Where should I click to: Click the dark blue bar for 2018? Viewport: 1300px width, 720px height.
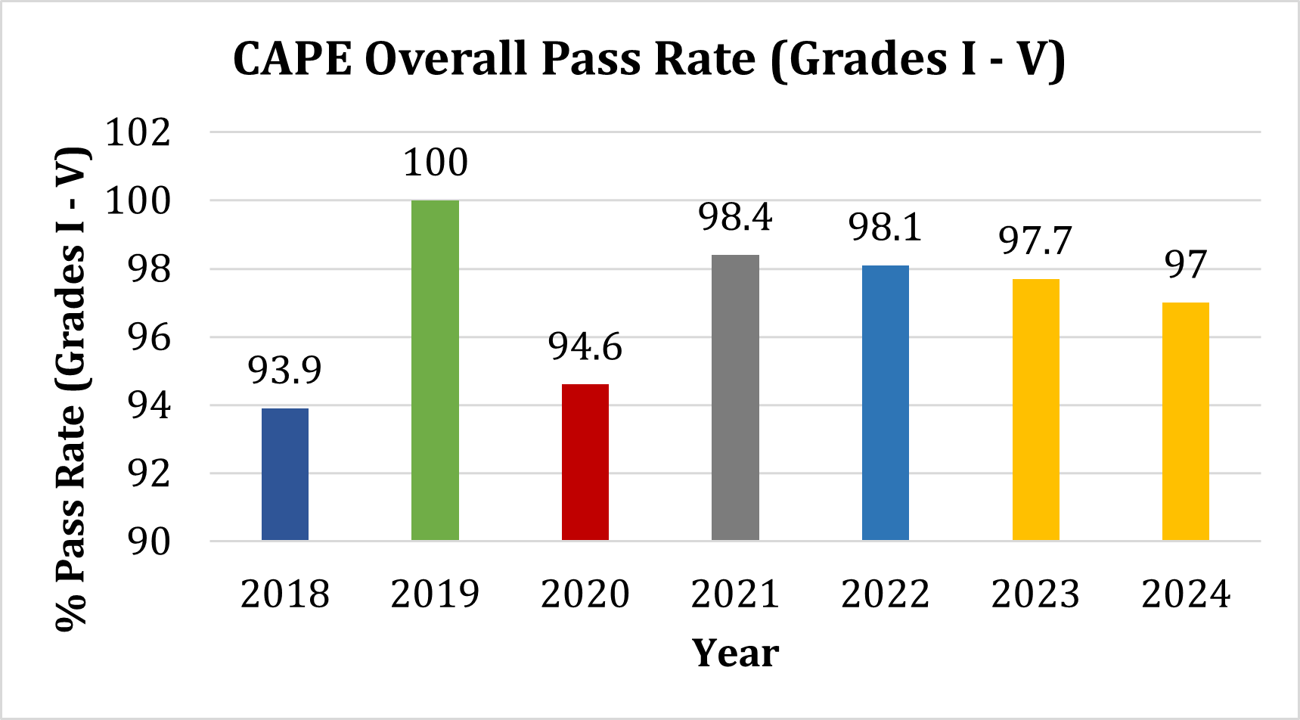(x=285, y=474)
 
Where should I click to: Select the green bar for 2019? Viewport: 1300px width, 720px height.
(x=435, y=371)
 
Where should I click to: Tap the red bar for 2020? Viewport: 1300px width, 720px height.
(x=585, y=462)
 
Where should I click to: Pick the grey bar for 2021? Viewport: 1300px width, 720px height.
(x=735, y=398)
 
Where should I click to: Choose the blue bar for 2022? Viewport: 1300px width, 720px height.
(x=886, y=403)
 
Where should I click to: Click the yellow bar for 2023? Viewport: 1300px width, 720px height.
(x=1035, y=410)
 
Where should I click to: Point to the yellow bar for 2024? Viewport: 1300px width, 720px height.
(x=1186, y=421)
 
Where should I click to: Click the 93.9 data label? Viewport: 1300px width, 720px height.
(x=285, y=370)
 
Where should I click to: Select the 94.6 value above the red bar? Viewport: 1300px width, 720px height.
(x=585, y=346)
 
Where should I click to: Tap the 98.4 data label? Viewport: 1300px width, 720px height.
(x=735, y=217)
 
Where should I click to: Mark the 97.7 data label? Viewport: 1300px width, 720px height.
(x=1035, y=241)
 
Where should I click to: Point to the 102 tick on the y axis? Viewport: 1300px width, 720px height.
(x=138, y=133)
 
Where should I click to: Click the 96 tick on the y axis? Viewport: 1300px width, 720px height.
(x=149, y=337)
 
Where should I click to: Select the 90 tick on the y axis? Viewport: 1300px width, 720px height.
(x=149, y=542)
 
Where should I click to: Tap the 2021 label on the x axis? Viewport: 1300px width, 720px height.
(x=735, y=594)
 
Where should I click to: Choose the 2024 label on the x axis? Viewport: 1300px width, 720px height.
(x=1186, y=594)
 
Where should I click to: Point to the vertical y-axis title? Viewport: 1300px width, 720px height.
(x=72, y=389)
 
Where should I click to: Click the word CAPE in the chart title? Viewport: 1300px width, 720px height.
(x=293, y=59)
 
